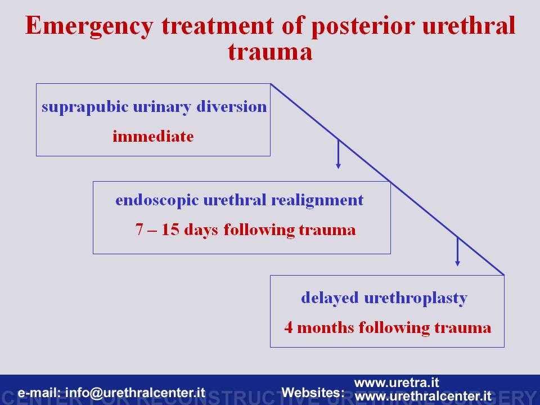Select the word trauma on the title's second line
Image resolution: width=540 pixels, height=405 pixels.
click(270, 52)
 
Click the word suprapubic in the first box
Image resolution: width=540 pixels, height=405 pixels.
click(85, 107)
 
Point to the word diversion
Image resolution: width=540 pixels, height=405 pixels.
click(231, 106)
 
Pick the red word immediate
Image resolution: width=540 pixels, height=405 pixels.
click(153, 136)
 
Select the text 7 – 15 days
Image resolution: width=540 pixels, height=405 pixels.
click(177, 230)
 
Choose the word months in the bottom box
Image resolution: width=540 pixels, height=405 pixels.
click(325, 327)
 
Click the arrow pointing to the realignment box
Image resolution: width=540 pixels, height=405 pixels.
click(338, 154)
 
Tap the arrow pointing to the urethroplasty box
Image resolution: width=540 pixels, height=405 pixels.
click(457, 251)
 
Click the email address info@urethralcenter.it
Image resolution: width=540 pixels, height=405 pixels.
click(135, 393)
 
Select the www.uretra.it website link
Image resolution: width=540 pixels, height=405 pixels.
click(397, 382)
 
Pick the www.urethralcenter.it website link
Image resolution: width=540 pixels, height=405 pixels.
click(423, 395)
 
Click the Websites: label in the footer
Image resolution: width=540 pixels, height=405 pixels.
click(313, 392)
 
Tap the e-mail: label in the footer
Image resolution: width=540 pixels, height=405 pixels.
click(39, 393)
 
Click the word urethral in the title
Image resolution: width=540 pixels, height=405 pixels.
click(469, 25)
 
